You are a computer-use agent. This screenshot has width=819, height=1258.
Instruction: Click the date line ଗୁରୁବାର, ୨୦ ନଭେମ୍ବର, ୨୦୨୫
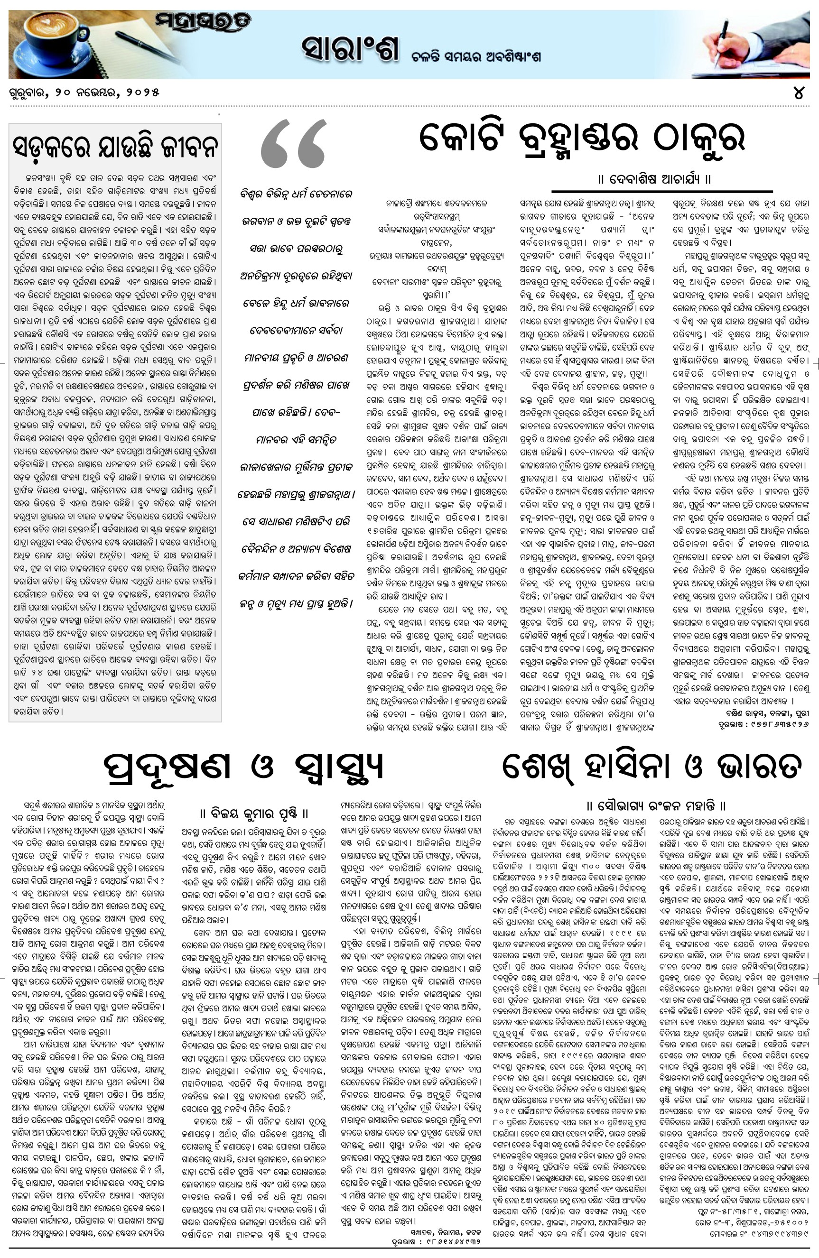pyautogui.click(x=84, y=92)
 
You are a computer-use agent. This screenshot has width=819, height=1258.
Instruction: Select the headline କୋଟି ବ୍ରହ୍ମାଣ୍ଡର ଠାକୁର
pyautogui.click(x=582, y=139)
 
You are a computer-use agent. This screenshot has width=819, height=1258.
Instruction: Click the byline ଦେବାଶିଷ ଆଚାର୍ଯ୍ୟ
pyautogui.click(x=661, y=179)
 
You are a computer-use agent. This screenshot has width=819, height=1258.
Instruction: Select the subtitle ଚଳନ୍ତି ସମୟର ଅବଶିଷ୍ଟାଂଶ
pyautogui.click(x=476, y=57)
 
